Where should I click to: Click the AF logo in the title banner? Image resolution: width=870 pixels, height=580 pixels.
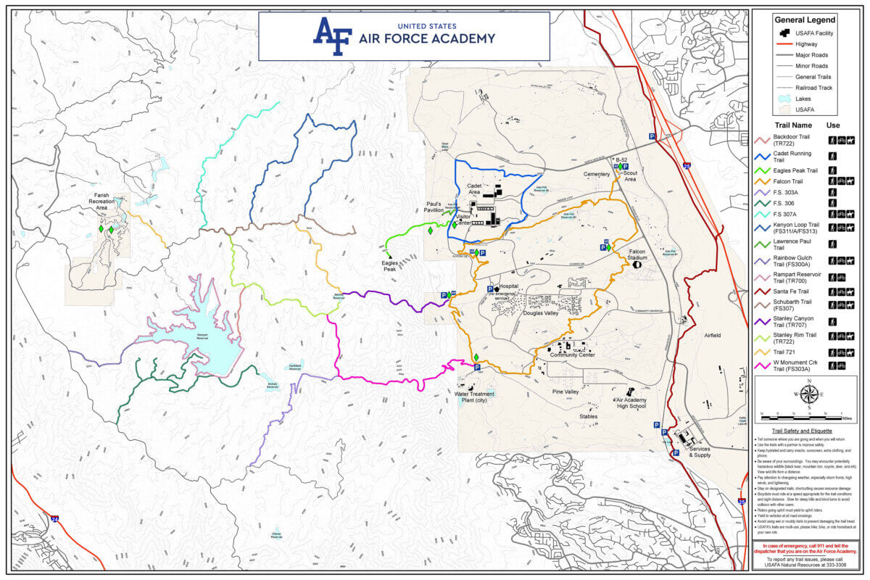(x=332, y=36)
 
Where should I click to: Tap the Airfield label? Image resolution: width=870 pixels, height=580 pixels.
(x=712, y=336)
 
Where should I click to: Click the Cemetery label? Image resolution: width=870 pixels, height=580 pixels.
(x=596, y=174)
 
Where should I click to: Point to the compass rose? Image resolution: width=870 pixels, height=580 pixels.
(x=810, y=395)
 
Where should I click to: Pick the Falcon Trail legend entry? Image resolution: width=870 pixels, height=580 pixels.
(x=799, y=180)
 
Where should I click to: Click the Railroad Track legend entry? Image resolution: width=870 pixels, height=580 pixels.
(x=813, y=88)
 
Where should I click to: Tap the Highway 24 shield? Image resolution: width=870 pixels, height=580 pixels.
(x=55, y=518)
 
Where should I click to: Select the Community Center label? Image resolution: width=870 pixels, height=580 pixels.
(x=572, y=355)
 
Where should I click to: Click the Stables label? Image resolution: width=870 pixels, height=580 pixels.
(x=588, y=416)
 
